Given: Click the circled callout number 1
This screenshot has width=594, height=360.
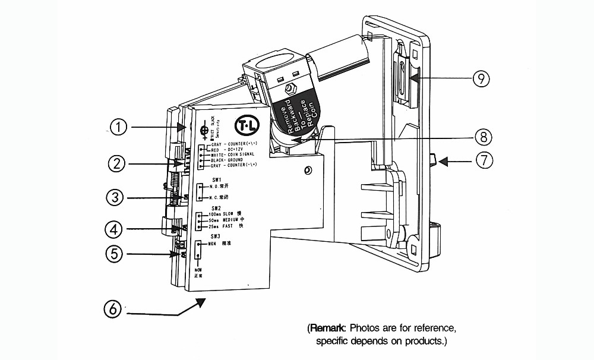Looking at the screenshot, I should [x=119, y=127].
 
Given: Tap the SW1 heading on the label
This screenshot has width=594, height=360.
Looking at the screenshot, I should [x=216, y=179].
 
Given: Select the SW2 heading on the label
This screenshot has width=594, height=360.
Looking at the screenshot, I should [x=216, y=207].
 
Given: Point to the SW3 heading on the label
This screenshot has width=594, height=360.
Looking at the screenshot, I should [x=216, y=236].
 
